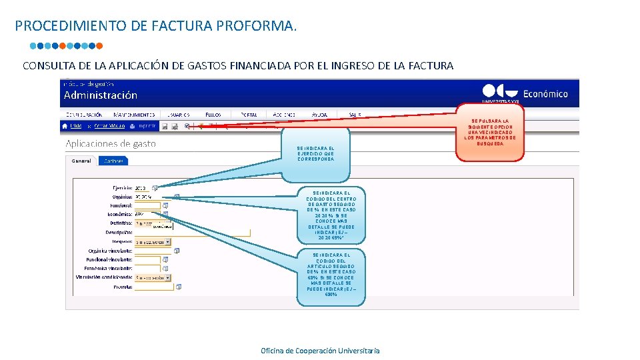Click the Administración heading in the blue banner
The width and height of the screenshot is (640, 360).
click(100, 95)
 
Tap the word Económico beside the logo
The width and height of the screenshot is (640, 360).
click(546, 94)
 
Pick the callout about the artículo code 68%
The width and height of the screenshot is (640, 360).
click(331, 275)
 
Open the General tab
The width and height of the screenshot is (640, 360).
click(81, 161)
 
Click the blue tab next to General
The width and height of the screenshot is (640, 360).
click(113, 161)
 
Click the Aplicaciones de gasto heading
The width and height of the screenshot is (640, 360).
click(110, 143)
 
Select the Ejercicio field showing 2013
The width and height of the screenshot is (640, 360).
click(142, 188)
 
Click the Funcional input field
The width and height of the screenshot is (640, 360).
click(147, 206)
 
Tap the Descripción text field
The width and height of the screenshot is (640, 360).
click(192, 233)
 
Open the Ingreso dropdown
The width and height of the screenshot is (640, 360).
click(152, 242)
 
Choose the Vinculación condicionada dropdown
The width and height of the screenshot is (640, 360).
click(152, 277)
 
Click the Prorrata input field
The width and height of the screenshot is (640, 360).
click(153, 287)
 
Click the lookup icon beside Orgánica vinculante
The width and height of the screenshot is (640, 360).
click(177, 251)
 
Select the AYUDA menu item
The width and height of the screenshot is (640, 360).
click(319, 115)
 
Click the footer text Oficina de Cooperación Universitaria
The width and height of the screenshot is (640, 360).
click(320, 351)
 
